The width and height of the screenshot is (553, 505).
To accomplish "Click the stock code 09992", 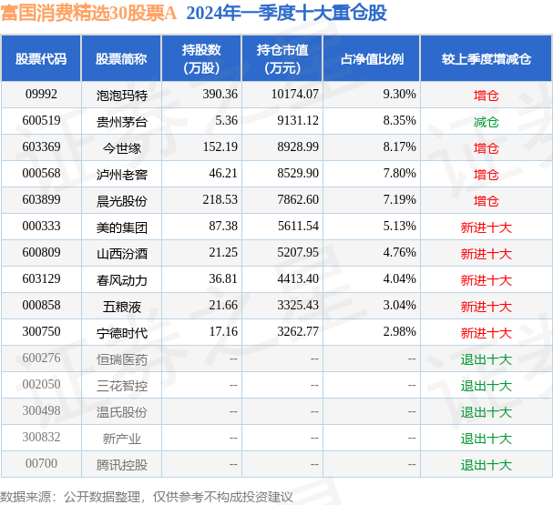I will click(41, 94).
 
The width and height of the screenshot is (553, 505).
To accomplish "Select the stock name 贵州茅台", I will click(121, 120).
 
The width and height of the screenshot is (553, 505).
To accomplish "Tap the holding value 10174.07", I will click(294, 94).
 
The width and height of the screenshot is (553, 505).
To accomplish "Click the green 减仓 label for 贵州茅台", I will click(486, 120).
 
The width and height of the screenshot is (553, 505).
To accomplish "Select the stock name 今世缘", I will click(121, 146).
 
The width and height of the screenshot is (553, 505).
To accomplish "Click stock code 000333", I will click(41, 226).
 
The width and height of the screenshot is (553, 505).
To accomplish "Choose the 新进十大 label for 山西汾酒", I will click(486, 252).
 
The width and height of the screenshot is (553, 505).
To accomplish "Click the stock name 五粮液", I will click(121, 305).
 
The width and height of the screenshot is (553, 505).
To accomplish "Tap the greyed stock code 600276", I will click(41, 359).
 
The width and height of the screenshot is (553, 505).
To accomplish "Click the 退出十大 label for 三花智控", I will click(486, 385).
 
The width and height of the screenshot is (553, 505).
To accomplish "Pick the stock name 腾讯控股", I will click(121, 464).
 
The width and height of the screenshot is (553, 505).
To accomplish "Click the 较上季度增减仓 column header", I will click(486, 58).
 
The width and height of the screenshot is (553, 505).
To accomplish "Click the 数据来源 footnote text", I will click(146, 497).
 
